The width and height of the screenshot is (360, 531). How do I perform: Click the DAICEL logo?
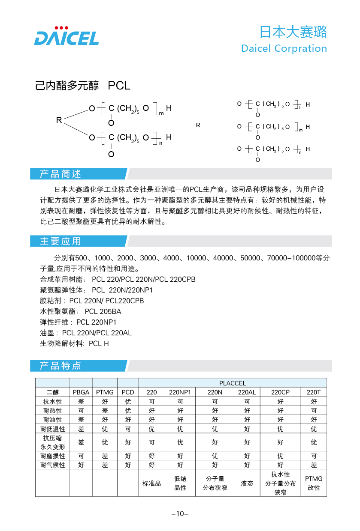point(67,36)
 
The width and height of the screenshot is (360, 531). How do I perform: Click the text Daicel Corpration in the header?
point(284,48)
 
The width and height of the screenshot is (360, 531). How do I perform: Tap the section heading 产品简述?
point(60,174)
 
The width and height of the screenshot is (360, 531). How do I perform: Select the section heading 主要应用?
point(60,241)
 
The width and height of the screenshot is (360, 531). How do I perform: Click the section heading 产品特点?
point(60,366)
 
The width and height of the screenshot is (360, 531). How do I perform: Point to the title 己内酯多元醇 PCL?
point(82,86)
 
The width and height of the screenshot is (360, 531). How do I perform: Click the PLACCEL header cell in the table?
point(233,383)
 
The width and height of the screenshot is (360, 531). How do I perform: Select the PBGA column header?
point(81,392)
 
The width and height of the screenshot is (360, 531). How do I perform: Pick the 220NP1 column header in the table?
point(180,392)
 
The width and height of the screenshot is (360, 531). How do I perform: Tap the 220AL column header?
point(247,392)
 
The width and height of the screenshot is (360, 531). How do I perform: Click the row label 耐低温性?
point(53,429)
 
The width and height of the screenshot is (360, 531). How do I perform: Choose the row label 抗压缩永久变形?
point(53,442)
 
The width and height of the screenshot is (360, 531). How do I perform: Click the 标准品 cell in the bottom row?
point(151,483)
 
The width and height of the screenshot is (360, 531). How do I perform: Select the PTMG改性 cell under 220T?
point(314,483)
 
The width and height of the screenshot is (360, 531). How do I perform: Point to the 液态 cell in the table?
point(247,483)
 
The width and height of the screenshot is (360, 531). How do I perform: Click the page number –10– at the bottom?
point(180,514)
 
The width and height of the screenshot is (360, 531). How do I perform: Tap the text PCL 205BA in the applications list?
point(103,311)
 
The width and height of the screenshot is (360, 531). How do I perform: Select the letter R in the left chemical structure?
point(59,120)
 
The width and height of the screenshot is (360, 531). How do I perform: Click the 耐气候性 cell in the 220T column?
point(314,465)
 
